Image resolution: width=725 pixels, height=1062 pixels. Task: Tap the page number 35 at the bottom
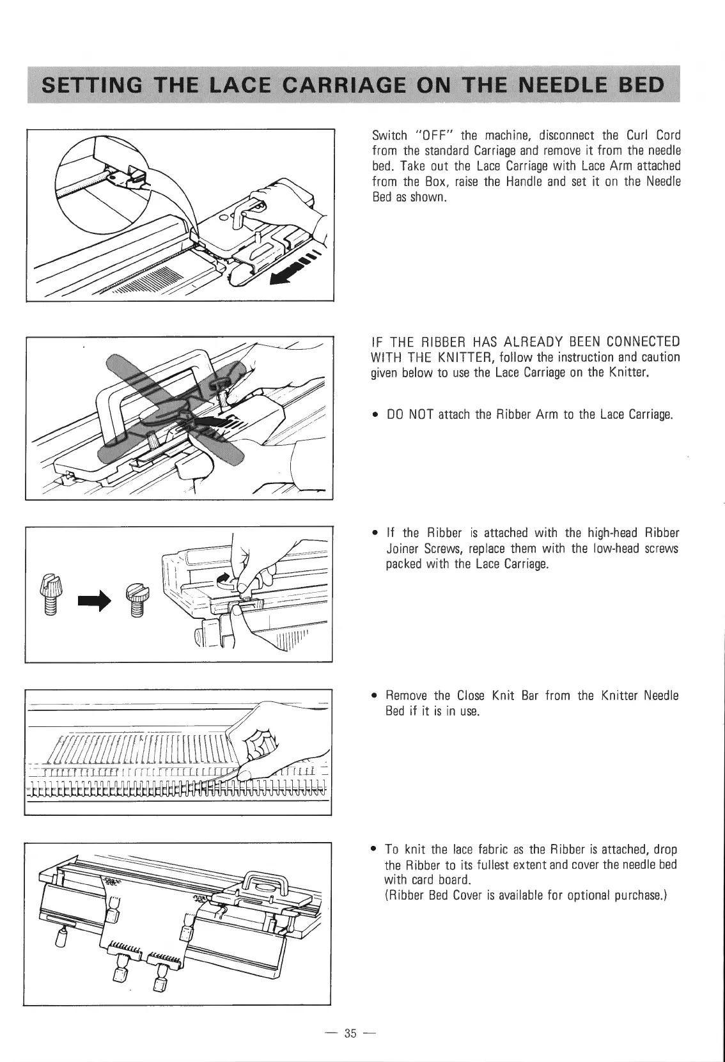pos(350,1033)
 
